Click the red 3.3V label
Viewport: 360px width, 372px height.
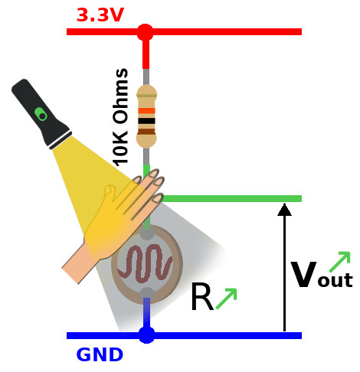pos(100,15)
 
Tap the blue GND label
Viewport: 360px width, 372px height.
pos(100,354)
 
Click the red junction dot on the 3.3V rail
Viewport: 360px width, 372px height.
pos(146,32)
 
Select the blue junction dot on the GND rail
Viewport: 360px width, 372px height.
pos(146,335)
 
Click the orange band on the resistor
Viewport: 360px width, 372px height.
pos(146,111)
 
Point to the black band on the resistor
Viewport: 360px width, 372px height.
pos(146,121)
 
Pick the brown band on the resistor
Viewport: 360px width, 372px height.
pos(146,132)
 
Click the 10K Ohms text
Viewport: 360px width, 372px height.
pos(120,117)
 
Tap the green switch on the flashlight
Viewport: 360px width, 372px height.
pos(41,114)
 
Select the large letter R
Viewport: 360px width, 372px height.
pos(202,296)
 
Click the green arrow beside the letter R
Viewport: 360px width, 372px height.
pos(227,299)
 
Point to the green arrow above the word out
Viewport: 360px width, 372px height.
pos(339,262)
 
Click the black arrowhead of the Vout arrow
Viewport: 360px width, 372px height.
pos(284,209)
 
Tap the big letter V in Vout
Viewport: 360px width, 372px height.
pos(304,274)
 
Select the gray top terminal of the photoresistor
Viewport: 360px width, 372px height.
pos(147,233)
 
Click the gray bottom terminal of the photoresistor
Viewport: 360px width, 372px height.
pos(147,293)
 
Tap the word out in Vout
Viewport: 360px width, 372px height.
pos(335,280)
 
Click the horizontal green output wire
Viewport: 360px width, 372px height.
pos(231,198)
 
